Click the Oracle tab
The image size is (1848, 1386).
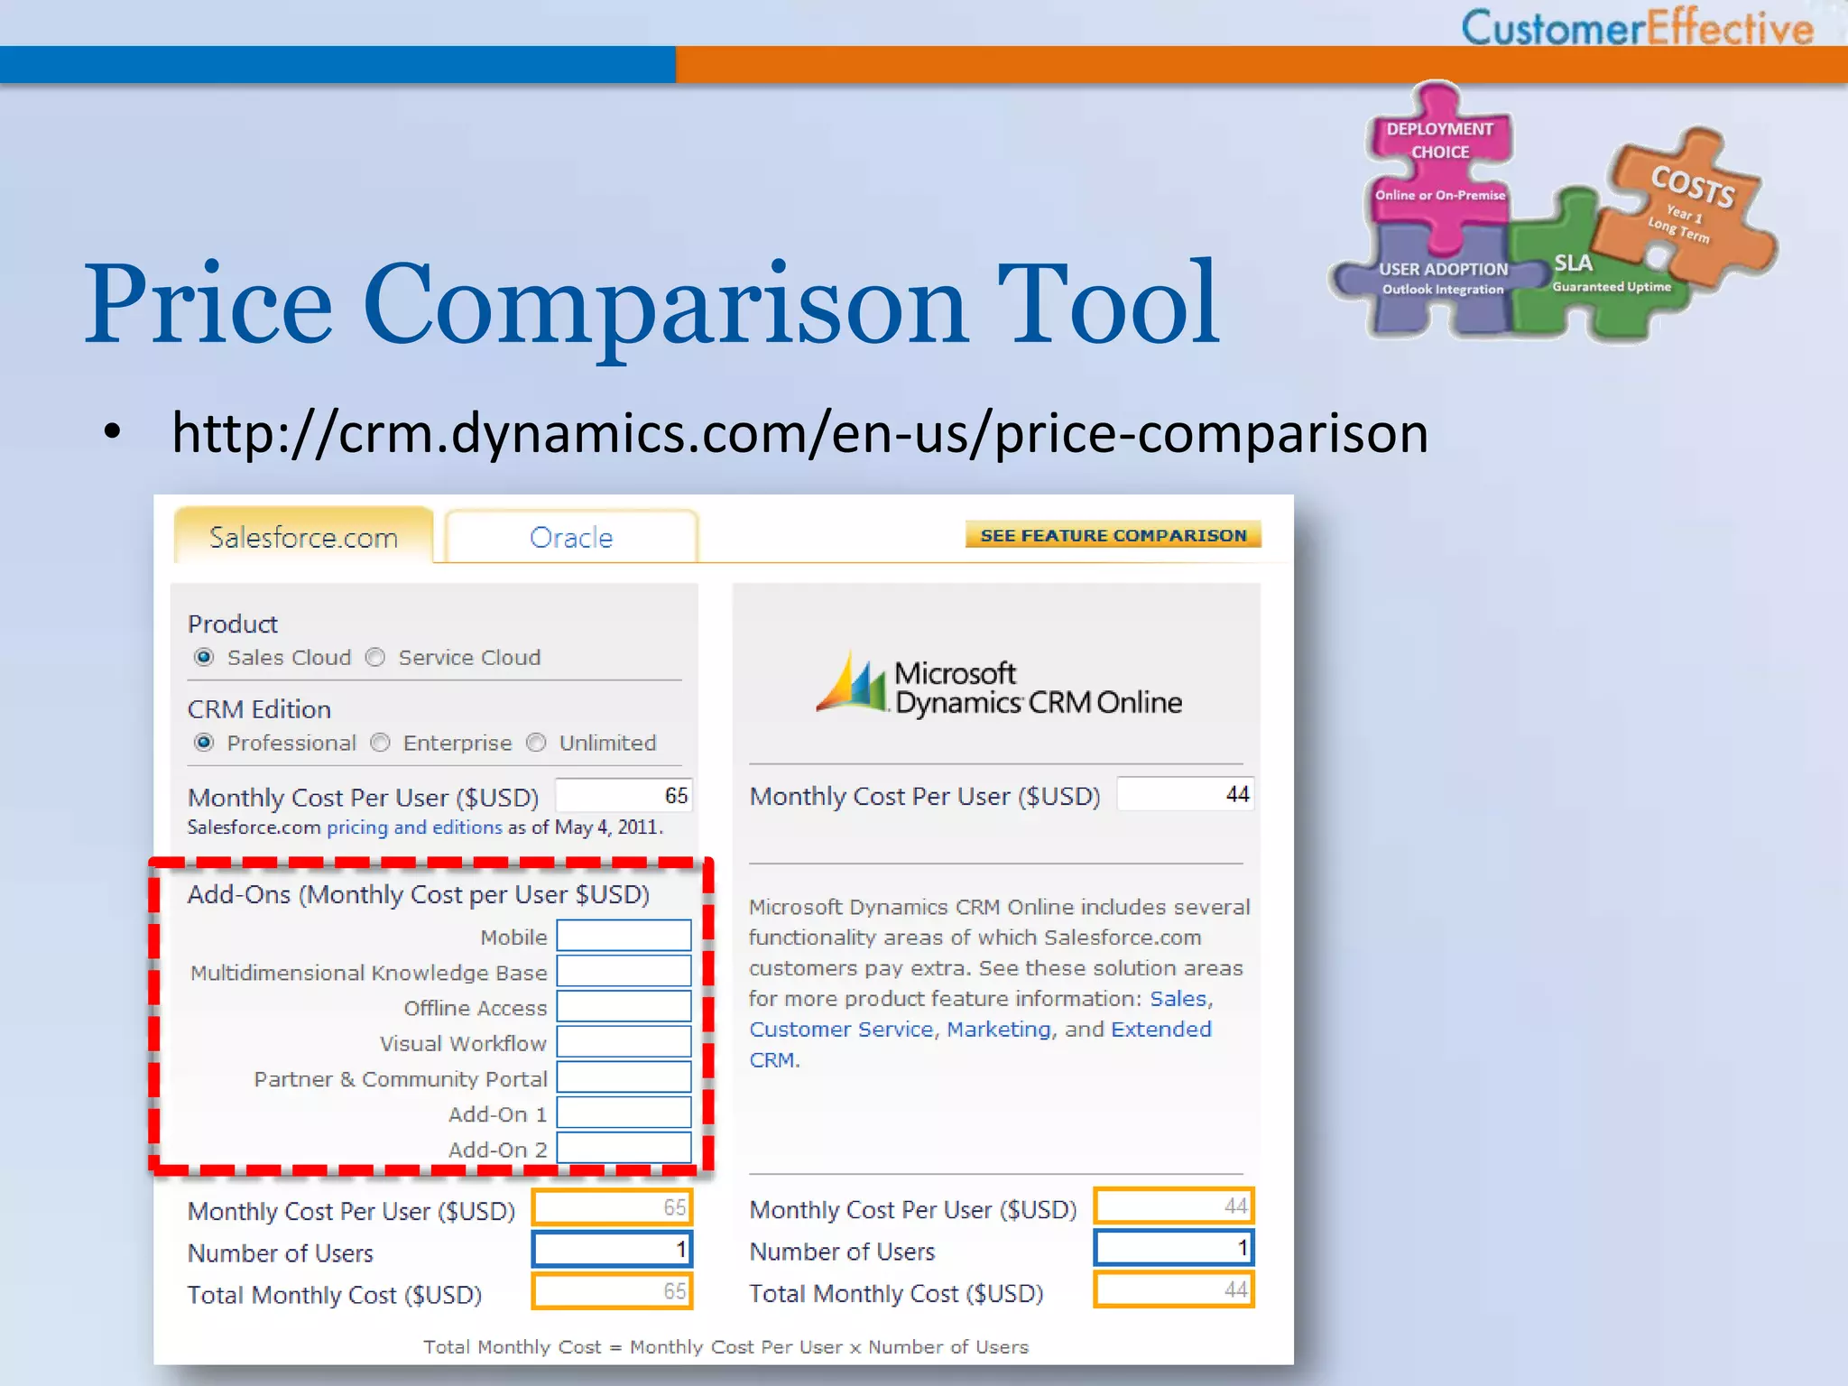click(571, 538)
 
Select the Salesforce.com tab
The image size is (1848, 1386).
click(303, 538)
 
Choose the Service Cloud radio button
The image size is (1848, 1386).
click(375, 658)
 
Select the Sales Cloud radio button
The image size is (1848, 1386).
click(204, 658)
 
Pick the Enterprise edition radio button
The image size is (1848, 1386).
click(381, 743)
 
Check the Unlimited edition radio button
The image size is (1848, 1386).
click(537, 743)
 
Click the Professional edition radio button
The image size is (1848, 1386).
click(204, 743)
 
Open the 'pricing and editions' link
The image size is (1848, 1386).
click(414, 827)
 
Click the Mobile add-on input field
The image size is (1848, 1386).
click(624, 936)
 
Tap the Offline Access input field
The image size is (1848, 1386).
click(624, 1006)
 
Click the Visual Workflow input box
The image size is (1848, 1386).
click(624, 1042)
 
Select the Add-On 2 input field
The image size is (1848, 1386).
click(624, 1148)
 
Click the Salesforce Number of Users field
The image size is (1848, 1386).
click(612, 1250)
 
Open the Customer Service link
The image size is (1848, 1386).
click(841, 1030)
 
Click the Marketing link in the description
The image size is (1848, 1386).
click(999, 1030)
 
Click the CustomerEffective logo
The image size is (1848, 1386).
click(1637, 27)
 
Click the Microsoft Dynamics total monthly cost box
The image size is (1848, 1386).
click(1174, 1290)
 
